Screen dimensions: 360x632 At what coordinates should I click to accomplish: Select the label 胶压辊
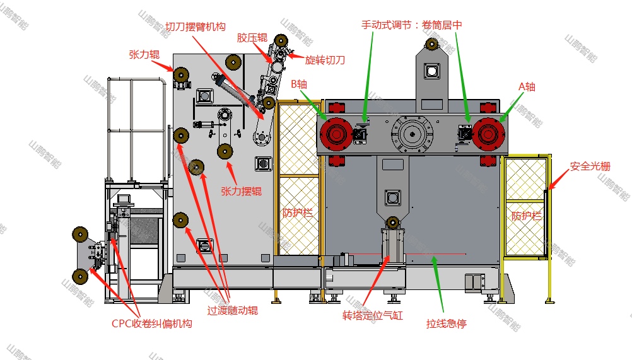point(250,37)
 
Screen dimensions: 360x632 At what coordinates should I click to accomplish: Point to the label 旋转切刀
point(324,61)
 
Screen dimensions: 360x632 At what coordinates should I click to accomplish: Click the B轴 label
point(300,83)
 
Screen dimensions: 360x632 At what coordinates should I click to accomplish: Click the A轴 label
point(526,86)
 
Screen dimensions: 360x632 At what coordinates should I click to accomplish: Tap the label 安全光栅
point(590,166)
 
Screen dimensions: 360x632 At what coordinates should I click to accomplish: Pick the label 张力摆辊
point(241,191)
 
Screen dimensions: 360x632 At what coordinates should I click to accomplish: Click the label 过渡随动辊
point(232,310)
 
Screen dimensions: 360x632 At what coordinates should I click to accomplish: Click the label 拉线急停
point(446,325)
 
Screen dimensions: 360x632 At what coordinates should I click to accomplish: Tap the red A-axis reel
point(489,133)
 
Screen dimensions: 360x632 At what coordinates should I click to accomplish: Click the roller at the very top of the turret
point(432,44)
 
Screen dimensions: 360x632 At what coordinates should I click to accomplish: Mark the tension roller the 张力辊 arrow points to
point(182,78)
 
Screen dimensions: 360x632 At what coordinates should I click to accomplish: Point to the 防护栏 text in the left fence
point(297,213)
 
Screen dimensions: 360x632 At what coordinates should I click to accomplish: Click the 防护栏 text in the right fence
point(526,215)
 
